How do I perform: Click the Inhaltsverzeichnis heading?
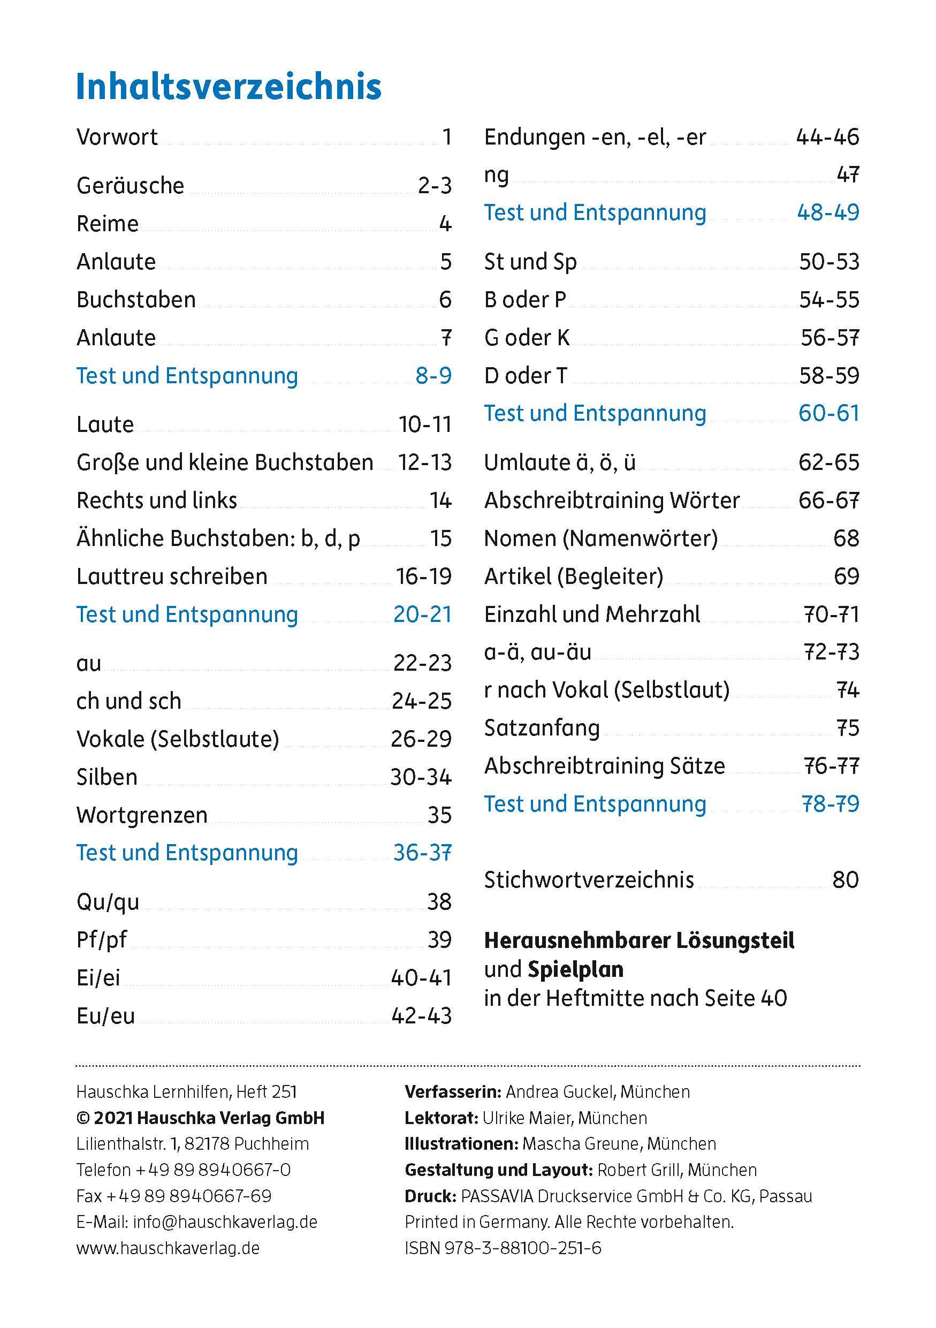(229, 87)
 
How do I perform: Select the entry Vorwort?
(117, 138)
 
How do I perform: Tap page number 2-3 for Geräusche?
(434, 186)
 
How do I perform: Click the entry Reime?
(108, 224)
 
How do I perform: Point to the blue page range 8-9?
(433, 376)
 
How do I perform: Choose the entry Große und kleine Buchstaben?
(224, 462)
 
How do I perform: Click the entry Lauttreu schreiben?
(172, 576)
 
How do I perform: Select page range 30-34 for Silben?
(420, 777)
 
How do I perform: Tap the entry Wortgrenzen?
(142, 816)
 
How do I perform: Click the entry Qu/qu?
(108, 902)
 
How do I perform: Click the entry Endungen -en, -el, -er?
(595, 138)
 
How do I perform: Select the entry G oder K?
(527, 338)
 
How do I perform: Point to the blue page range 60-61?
(828, 414)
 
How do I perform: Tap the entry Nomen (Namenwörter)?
(600, 538)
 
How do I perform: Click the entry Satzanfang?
(542, 728)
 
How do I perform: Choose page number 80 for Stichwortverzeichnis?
(845, 880)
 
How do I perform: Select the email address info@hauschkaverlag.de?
(225, 1221)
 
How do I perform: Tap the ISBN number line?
(503, 1248)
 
